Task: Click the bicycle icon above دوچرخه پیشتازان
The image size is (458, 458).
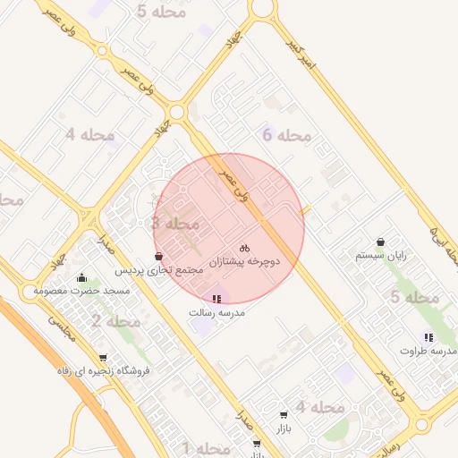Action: click(244, 248)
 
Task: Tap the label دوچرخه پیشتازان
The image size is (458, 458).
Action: click(244, 262)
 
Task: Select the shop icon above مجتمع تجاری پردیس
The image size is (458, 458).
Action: click(158, 257)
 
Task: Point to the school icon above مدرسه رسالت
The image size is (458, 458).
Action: click(216, 299)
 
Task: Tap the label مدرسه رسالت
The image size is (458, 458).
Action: click(216, 313)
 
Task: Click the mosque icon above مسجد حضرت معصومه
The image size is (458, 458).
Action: click(82, 277)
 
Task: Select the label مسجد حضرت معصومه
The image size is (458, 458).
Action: click(82, 291)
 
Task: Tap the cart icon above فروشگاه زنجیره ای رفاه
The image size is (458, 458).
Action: click(103, 358)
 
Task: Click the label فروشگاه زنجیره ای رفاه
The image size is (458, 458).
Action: click(104, 370)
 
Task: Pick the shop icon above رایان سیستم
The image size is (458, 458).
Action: click(381, 242)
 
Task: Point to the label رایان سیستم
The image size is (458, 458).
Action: click(381, 255)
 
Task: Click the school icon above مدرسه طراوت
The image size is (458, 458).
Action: click(429, 337)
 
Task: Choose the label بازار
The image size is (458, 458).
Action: click(284, 428)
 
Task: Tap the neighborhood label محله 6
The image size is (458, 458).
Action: click(286, 136)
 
